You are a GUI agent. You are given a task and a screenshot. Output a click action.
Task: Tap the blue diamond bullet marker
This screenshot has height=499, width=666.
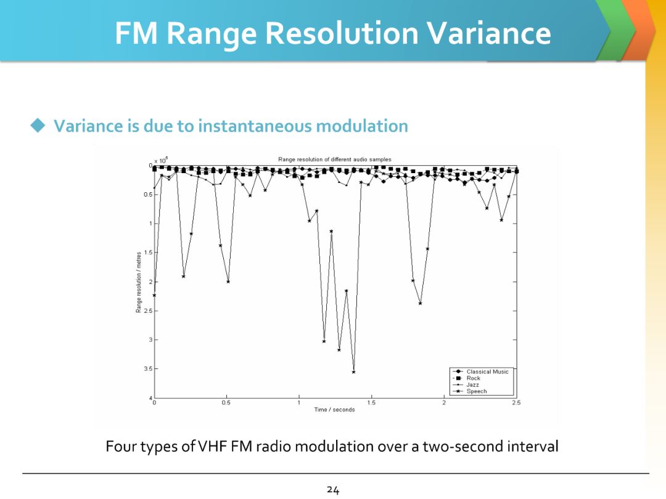39,126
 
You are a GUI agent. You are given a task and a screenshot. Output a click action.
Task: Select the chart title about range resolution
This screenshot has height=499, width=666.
334,160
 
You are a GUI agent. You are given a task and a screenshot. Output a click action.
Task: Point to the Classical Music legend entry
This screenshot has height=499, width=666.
487,371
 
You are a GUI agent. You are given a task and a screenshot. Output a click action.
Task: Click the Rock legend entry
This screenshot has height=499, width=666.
473,378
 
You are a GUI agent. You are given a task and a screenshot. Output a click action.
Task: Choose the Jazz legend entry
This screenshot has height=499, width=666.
472,384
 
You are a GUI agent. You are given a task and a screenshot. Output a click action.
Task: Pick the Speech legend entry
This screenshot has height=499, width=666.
476,391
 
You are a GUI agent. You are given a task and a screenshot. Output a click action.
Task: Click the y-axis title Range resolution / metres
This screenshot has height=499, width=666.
139,281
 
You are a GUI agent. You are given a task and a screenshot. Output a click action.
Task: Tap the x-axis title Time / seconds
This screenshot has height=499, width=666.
334,410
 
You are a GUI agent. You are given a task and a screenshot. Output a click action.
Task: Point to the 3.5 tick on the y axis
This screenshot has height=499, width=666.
147,368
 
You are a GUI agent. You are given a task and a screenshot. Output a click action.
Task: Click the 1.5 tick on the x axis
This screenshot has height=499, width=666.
371,403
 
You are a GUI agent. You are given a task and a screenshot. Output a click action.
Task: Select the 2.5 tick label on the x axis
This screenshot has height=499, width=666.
516,403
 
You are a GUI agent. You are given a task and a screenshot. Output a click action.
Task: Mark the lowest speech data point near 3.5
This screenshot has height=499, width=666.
353,372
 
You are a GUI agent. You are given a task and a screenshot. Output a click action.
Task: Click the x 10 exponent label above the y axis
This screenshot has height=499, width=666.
160,160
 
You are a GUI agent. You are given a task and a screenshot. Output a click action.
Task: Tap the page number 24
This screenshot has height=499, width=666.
333,490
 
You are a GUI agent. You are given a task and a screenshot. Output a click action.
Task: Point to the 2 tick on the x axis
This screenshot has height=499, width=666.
443,403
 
